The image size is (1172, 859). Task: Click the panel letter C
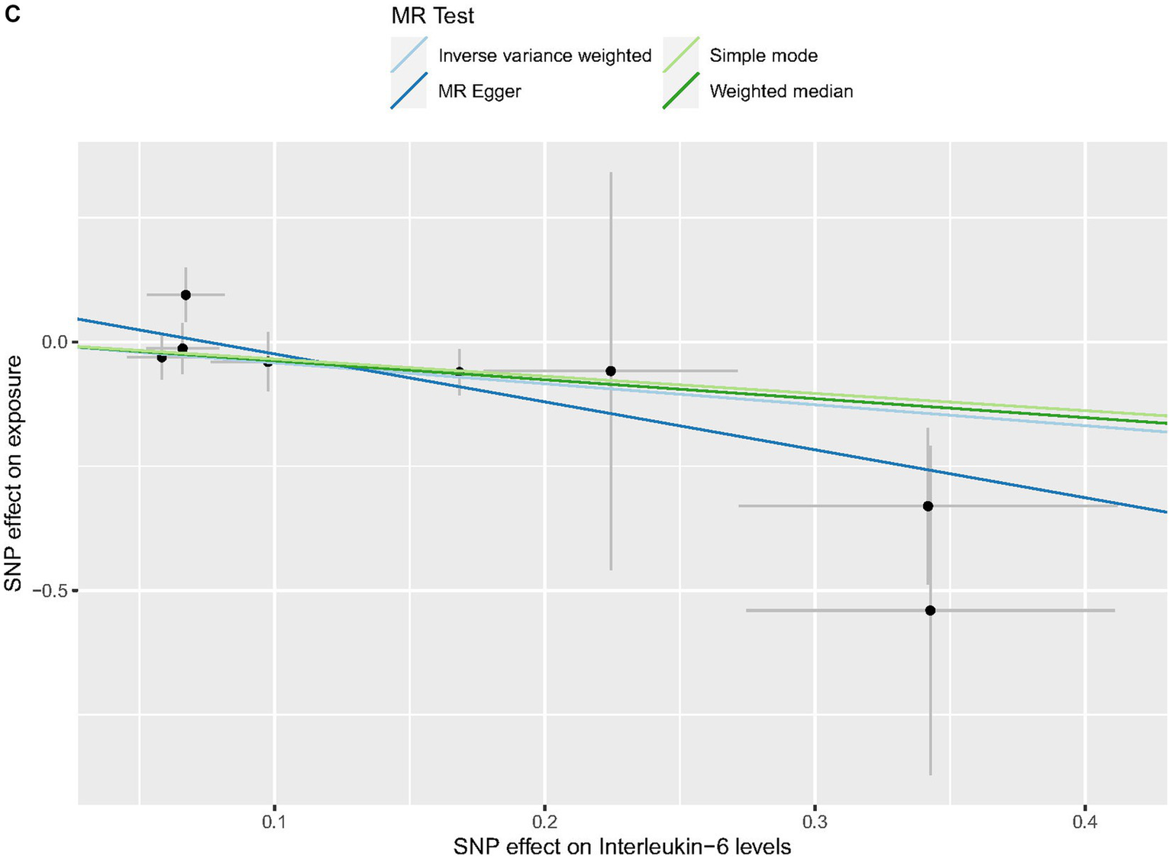coord(11,15)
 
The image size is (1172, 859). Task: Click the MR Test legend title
coord(432,15)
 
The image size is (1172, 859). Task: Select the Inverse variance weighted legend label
coord(544,56)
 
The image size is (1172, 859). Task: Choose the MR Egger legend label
coord(479,92)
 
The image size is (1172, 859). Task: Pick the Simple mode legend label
coord(763,56)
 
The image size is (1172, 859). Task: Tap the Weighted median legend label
coord(780,92)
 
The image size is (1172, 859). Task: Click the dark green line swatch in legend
coord(680,92)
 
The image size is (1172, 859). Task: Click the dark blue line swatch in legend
coord(408,92)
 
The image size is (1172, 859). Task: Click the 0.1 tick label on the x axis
coord(273,822)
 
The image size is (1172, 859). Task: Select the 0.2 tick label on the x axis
coord(544,822)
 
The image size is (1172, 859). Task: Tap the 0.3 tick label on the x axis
coord(815,822)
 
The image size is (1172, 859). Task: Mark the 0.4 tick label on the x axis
coord(1085,822)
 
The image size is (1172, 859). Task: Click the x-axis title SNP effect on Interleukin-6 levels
coord(622,846)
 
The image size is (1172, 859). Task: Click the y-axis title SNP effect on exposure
coord(14,473)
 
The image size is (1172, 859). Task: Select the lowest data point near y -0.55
coord(930,610)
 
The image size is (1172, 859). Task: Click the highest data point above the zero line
coord(186,295)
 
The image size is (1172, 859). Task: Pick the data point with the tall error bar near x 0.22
coord(611,371)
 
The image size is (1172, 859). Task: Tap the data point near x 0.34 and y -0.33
coord(928,506)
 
